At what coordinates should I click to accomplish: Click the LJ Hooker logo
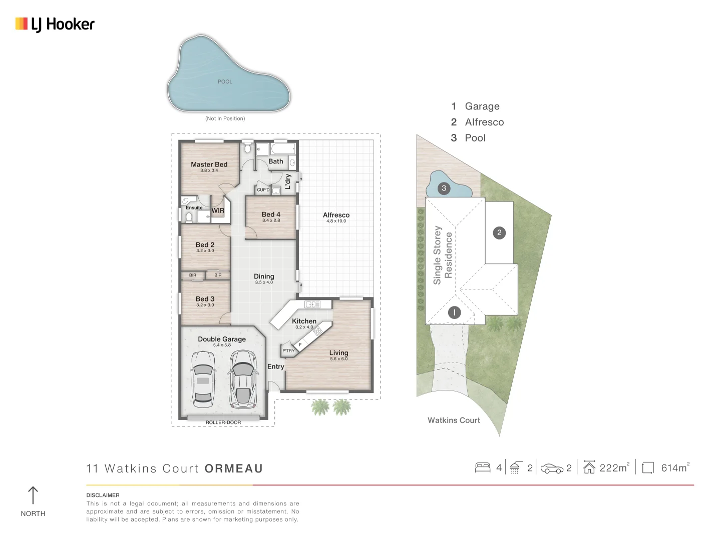click(55, 24)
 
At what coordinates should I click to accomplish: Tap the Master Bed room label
click(209, 164)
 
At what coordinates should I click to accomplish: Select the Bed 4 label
click(271, 214)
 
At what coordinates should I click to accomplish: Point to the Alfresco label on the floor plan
click(336, 215)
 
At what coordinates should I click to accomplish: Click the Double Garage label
click(222, 339)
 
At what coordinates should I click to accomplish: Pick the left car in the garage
click(203, 379)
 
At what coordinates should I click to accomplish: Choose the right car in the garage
click(243, 379)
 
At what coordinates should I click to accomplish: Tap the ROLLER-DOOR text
click(223, 422)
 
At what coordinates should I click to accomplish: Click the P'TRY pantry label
click(288, 350)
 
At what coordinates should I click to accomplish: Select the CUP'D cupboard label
click(263, 190)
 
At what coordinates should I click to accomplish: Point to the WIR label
click(218, 210)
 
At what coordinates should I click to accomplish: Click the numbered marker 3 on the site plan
click(444, 188)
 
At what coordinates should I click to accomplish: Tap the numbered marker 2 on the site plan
click(499, 233)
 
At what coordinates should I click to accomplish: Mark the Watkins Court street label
click(454, 420)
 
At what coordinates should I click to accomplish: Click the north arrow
click(33, 495)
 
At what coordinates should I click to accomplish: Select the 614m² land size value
click(675, 467)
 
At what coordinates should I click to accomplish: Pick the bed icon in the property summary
click(483, 467)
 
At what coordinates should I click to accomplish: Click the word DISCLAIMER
click(103, 495)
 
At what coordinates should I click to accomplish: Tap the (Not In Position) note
click(225, 118)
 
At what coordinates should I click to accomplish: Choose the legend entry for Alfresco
click(477, 122)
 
